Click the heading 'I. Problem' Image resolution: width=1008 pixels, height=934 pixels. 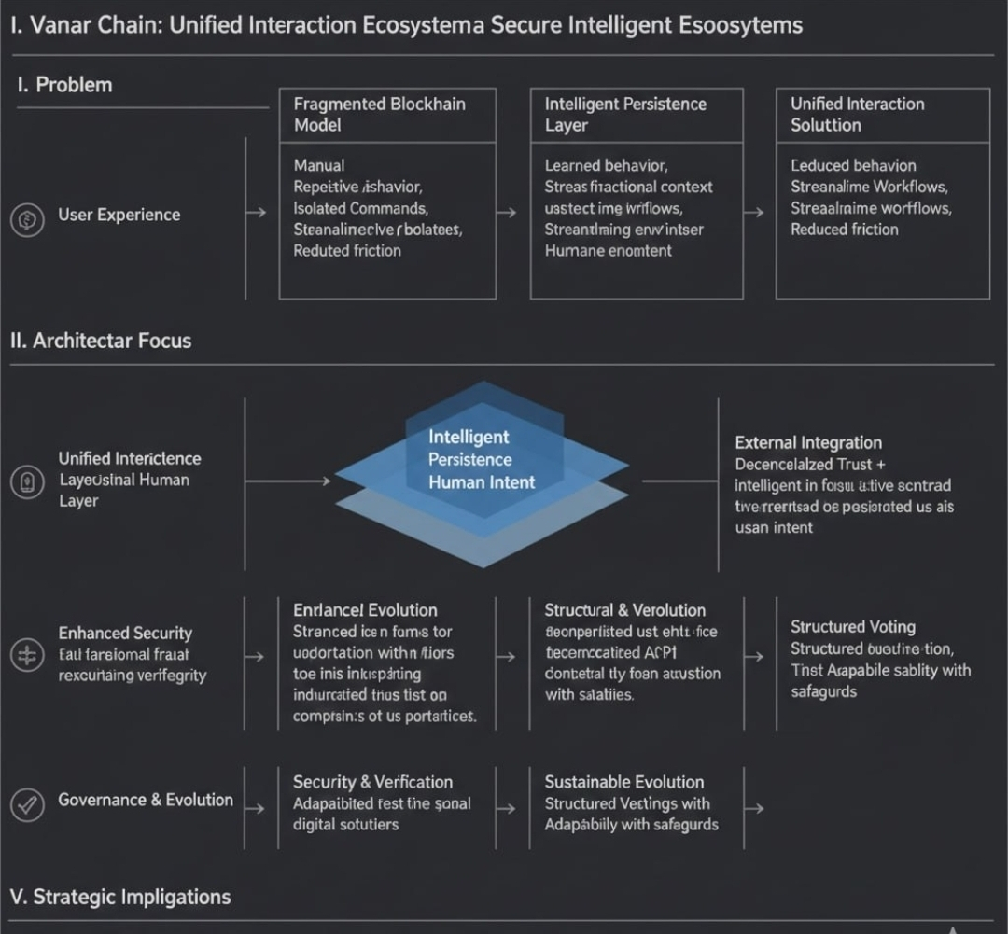point(64,85)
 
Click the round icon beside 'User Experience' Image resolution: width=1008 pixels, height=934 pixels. point(27,220)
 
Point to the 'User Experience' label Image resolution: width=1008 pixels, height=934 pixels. point(119,215)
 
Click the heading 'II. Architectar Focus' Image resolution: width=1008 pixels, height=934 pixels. point(101,341)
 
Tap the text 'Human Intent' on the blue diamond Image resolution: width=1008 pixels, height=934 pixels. point(482,482)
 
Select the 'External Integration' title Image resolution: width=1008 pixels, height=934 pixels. point(808,442)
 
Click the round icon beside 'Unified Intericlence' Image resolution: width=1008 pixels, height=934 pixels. point(27,481)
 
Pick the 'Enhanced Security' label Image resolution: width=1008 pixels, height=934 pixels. point(125,634)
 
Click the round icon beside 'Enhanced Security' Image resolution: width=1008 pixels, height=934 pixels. point(27,655)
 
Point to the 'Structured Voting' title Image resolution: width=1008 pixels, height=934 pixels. point(853,627)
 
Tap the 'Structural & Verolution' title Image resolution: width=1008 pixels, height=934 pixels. point(624,610)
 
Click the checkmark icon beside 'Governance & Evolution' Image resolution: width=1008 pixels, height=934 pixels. point(27,803)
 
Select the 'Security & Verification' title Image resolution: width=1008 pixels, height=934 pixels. point(372,782)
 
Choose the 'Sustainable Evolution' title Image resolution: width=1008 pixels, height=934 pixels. point(623,782)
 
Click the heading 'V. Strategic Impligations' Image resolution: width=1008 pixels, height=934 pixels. point(120,897)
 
